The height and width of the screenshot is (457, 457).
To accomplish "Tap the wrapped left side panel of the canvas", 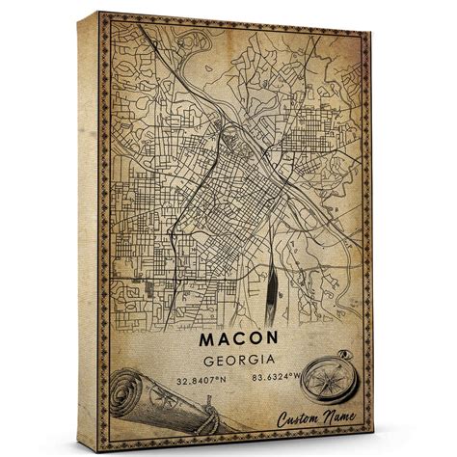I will point(90,231).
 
